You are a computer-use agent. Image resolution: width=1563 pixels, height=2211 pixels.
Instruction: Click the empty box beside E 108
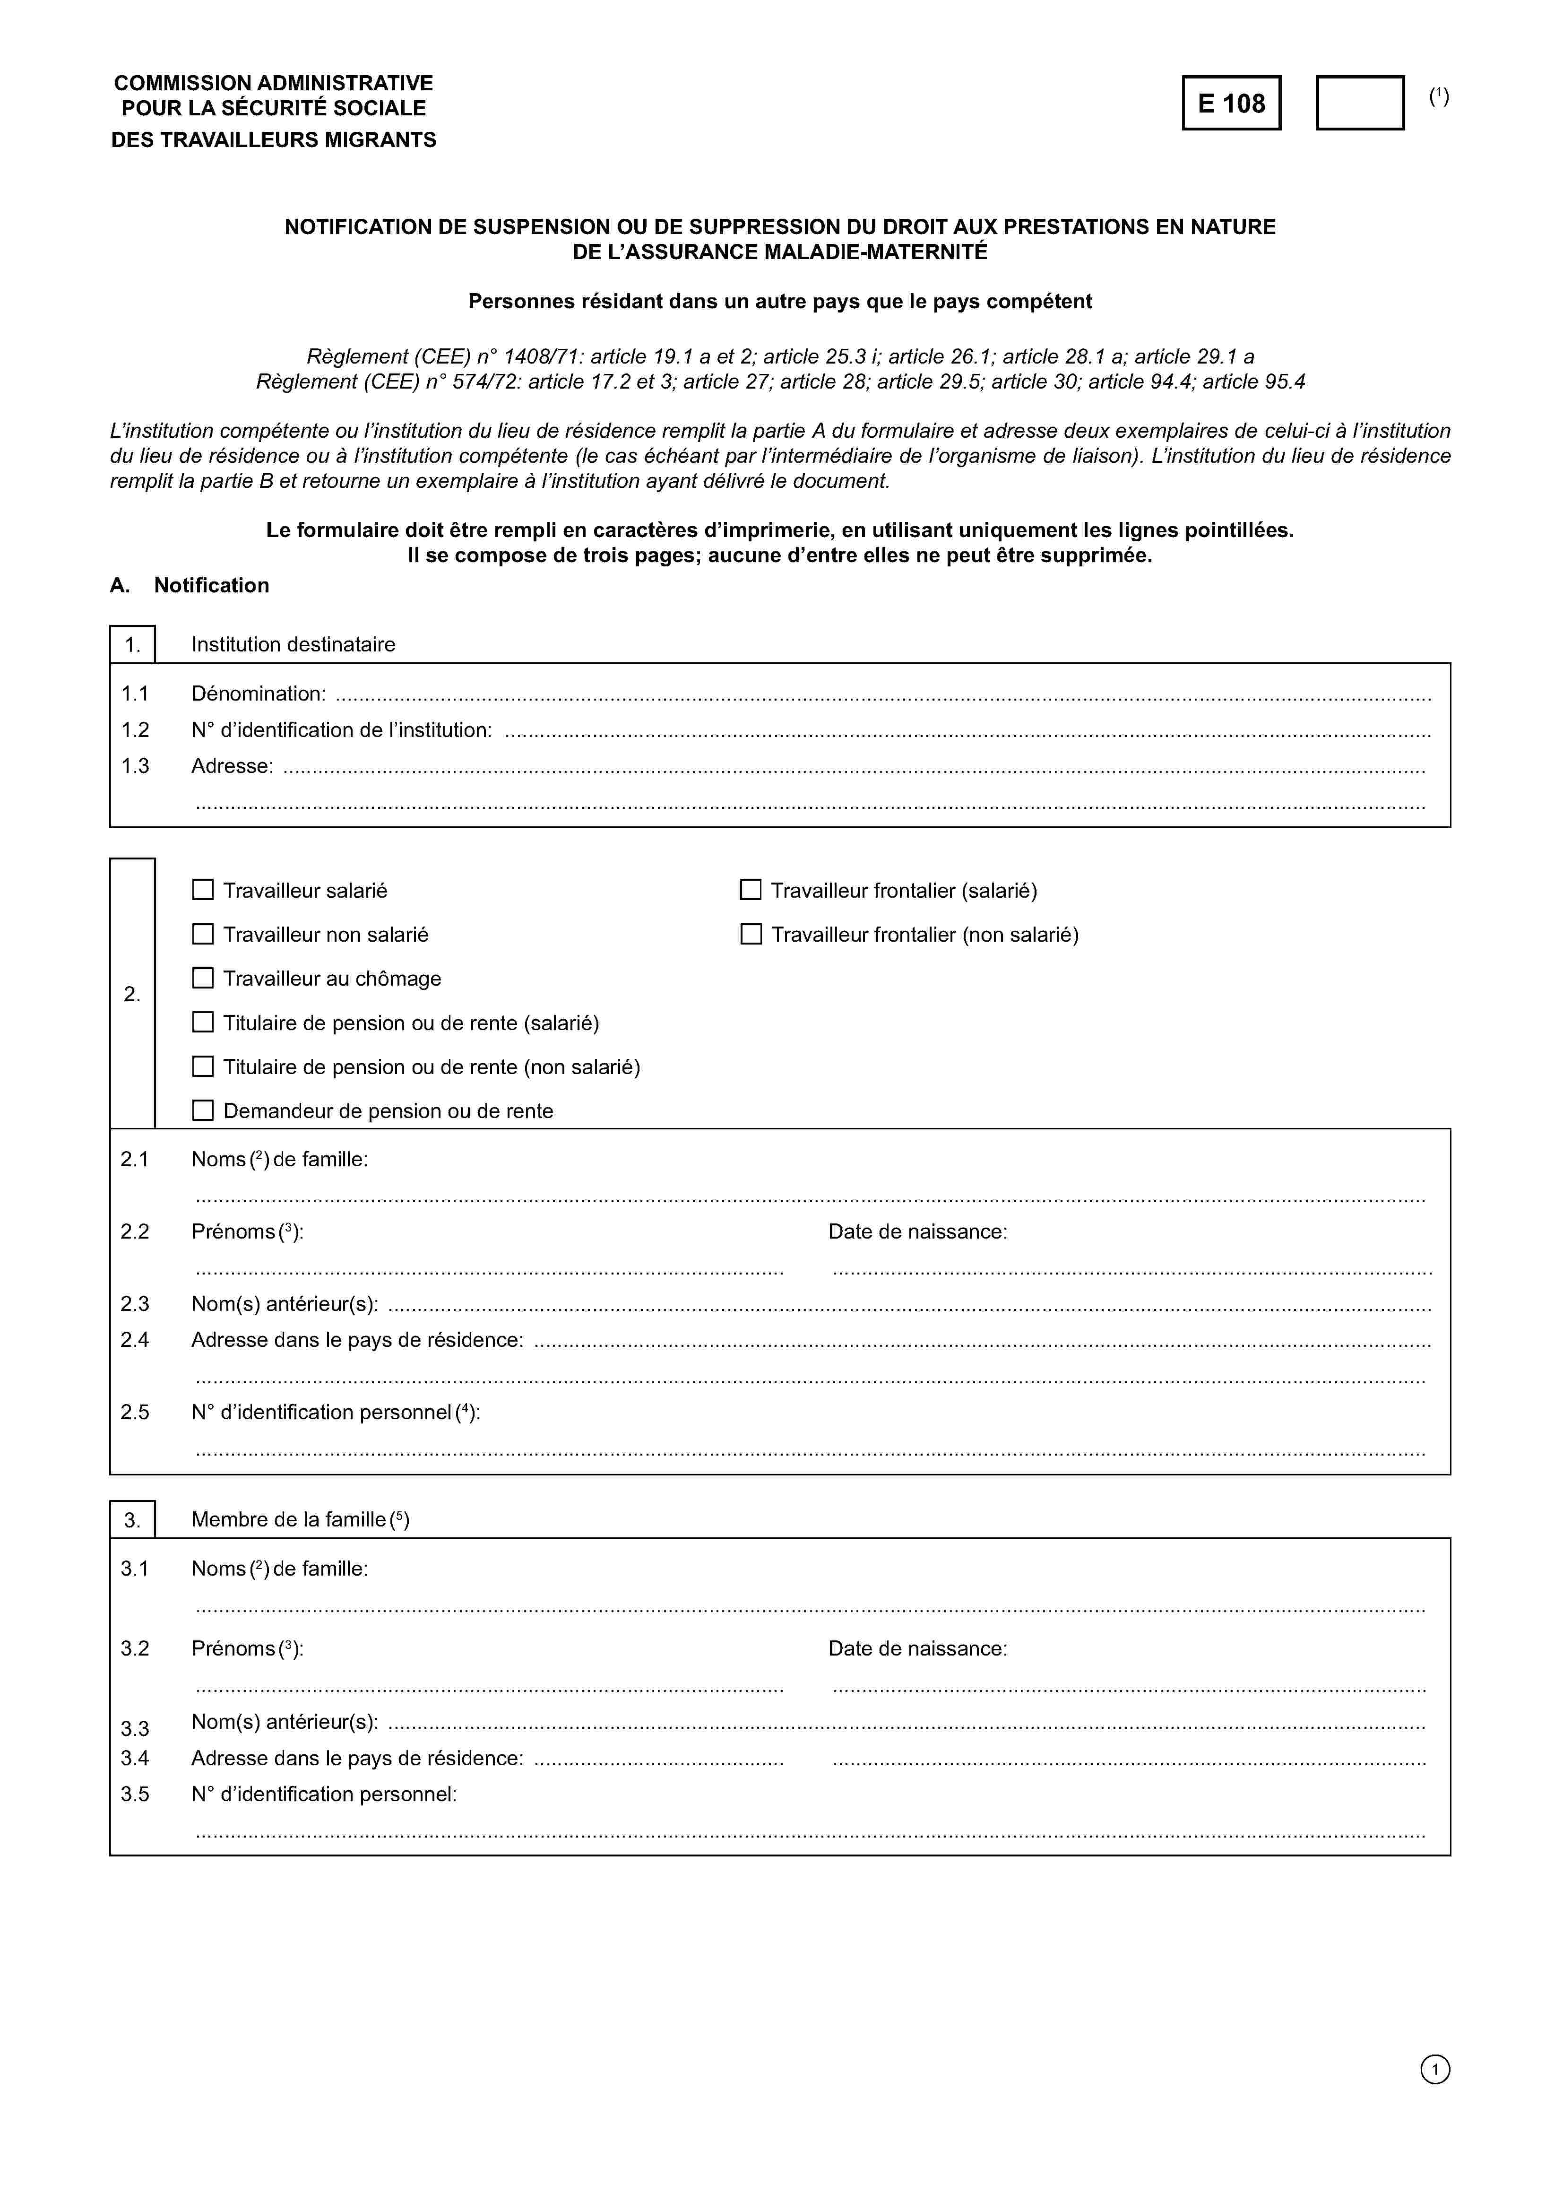[1360, 103]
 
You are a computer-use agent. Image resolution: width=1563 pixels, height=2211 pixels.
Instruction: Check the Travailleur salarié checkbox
[203, 890]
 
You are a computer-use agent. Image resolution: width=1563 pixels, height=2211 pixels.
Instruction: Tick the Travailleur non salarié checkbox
[203, 934]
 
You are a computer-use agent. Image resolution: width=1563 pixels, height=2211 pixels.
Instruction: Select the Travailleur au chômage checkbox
[203, 979]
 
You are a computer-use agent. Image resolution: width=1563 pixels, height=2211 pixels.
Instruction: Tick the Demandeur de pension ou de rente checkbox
[203, 1110]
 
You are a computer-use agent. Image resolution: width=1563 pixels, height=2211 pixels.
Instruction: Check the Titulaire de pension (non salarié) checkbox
[203, 1066]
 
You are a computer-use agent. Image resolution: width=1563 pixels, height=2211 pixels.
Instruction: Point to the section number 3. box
[133, 1519]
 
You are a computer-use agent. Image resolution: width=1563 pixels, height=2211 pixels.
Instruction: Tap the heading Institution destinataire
[293, 644]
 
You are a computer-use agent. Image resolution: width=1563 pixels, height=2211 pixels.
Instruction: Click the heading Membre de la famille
[300, 1519]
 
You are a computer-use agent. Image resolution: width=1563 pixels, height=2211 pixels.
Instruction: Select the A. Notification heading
[190, 586]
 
